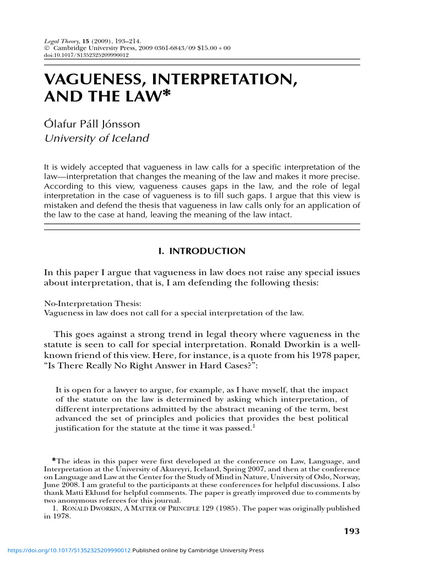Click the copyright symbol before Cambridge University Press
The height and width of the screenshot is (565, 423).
coord(46,49)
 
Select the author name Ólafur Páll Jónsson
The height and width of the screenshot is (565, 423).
coord(92,124)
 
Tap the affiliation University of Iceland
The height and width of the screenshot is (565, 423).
coord(96,138)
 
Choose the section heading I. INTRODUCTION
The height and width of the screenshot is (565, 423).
coord(202,251)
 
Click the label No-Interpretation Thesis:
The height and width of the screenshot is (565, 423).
coord(85,303)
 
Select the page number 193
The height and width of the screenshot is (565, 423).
coord(351,531)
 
